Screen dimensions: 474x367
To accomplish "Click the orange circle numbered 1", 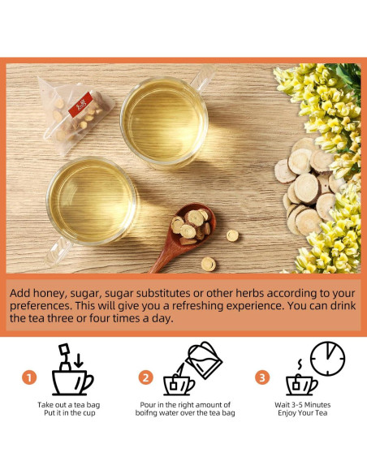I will (29, 377).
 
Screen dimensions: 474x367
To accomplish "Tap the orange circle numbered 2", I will (146, 377).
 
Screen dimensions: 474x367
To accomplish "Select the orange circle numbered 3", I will (262, 377).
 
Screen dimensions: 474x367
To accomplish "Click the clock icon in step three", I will (327, 358).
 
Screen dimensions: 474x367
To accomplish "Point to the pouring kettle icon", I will (203, 360).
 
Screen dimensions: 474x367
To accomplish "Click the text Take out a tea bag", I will (70, 404).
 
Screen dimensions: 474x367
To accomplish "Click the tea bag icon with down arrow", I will (65, 355).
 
